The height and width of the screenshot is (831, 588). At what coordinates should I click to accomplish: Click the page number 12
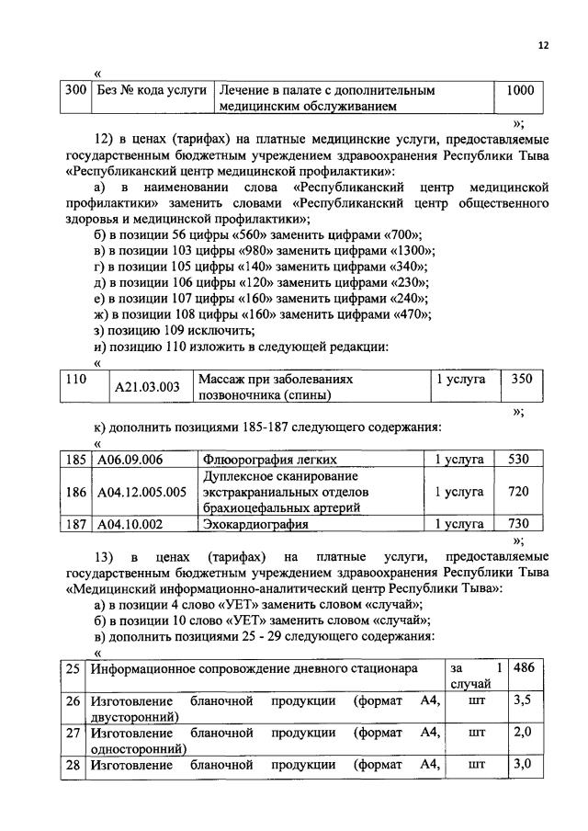(543, 45)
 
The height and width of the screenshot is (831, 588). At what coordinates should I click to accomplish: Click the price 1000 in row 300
(520, 92)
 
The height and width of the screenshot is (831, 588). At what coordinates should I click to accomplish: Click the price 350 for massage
(521, 379)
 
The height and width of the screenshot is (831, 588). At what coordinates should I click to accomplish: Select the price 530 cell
(519, 459)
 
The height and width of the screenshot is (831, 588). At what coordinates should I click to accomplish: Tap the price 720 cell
(519, 492)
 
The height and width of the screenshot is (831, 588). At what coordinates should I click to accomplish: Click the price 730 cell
(519, 524)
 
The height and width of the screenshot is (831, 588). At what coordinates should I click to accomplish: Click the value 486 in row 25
(524, 667)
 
